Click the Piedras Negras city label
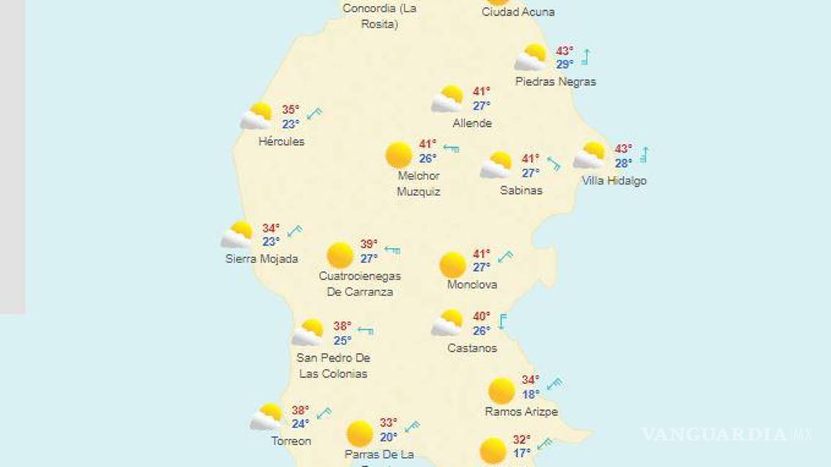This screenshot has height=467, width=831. [555, 81]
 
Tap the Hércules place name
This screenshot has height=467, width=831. [281, 141]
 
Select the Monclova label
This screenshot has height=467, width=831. [472, 285]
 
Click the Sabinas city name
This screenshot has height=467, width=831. [521, 190]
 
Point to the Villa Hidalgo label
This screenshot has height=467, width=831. [614, 181]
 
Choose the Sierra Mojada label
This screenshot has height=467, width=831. [261, 259]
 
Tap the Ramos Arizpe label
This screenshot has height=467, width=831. [521, 412]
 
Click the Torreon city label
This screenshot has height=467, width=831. [291, 440]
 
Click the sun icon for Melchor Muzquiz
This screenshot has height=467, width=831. [398, 155]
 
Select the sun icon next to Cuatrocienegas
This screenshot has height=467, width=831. [340, 254]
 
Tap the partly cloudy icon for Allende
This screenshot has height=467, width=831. [448, 99]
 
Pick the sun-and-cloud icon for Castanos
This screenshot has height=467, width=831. [448, 323]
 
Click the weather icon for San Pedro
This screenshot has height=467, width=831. [309, 333]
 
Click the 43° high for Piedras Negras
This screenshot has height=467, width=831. [564, 51]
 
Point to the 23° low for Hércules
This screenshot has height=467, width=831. [290, 124]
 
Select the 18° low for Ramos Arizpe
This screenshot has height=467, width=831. [530, 394]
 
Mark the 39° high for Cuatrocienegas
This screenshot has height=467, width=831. [369, 244]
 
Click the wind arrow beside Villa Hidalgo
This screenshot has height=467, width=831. [643, 155]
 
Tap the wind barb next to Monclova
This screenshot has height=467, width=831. [505, 257]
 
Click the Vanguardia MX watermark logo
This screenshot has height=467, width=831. [726, 435]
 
